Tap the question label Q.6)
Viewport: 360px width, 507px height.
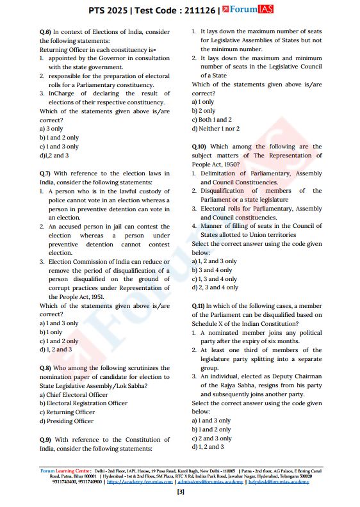45,31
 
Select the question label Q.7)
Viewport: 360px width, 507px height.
45,173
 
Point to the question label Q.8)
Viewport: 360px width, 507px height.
45,368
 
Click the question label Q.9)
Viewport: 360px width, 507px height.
45,439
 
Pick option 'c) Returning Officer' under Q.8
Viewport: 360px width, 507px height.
67,412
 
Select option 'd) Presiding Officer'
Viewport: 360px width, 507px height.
66,421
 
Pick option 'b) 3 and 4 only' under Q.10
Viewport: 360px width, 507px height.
212,270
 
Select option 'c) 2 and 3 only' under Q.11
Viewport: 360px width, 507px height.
212,439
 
